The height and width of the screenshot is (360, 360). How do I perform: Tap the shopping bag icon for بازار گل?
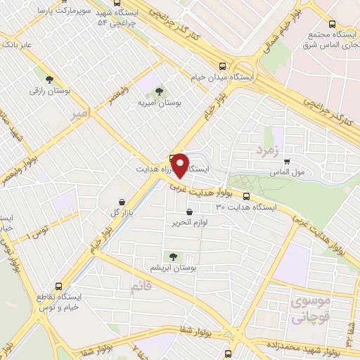point(123,201)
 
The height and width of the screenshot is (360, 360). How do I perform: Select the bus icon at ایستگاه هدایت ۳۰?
point(246,196)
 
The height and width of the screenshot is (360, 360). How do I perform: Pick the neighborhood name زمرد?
point(268,150)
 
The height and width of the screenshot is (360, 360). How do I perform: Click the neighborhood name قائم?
point(141,287)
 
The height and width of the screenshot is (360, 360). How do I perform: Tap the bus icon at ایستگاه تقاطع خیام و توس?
point(59,287)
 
